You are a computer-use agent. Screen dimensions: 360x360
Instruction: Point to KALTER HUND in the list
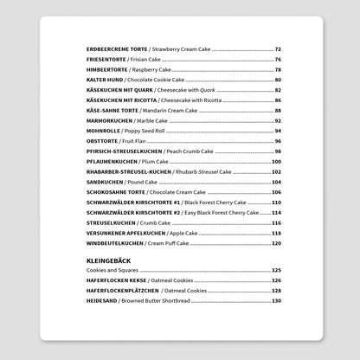(x=101, y=79)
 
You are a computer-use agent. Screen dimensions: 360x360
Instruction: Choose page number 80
(x=278, y=79)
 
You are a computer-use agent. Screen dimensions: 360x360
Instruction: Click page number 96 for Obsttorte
(x=278, y=140)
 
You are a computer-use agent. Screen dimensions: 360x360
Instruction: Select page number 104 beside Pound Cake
(x=276, y=181)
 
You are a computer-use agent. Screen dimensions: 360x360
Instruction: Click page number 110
(x=276, y=201)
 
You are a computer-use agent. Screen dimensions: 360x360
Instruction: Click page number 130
(x=276, y=300)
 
